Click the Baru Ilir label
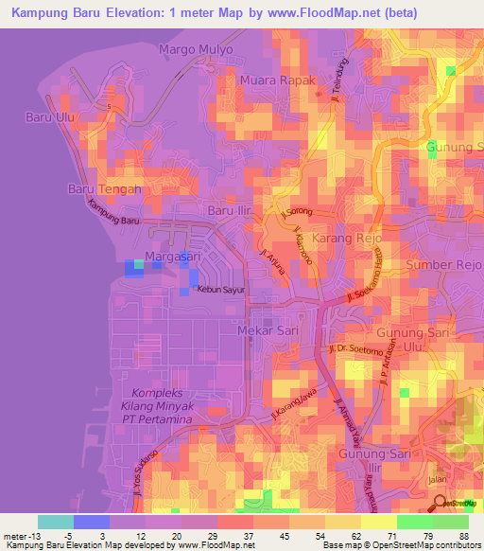(x=232, y=210)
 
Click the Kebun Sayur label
(x=220, y=290)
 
